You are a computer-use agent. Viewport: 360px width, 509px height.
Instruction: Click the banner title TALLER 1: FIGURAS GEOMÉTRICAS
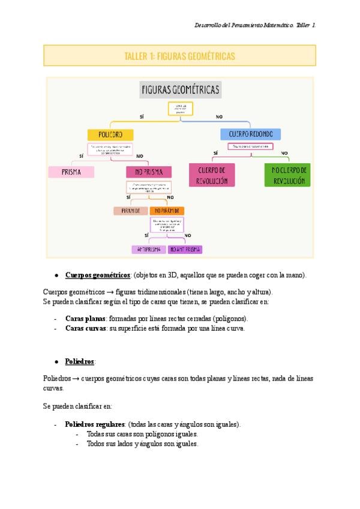coord(179,56)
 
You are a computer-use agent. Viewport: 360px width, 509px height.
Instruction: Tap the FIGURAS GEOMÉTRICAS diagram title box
coord(180,91)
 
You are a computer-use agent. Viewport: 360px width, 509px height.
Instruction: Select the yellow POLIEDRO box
coord(110,134)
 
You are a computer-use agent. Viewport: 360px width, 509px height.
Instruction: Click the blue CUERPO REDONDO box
coord(250,134)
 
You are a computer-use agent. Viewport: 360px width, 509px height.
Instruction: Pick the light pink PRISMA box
coord(71,172)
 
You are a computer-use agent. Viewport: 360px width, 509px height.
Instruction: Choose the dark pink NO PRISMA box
coord(149,172)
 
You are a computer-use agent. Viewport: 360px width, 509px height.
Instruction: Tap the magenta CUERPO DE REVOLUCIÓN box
coord(212,175)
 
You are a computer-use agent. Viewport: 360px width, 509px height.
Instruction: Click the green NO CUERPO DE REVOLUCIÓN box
coord(287,175)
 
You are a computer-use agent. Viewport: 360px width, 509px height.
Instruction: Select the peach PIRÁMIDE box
coord(130,211)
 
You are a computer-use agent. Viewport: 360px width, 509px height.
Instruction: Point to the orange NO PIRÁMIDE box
coord(167,211)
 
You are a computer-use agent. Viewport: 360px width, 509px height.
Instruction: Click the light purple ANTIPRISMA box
coord(148,249)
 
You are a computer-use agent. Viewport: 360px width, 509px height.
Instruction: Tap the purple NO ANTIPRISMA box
coord(185,249)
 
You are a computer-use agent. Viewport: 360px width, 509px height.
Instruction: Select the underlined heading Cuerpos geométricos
coord(98,275)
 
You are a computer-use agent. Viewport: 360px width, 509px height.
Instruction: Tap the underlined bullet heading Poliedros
coord(80,362)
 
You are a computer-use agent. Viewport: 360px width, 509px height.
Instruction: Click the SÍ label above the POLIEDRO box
coord(142,116)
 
